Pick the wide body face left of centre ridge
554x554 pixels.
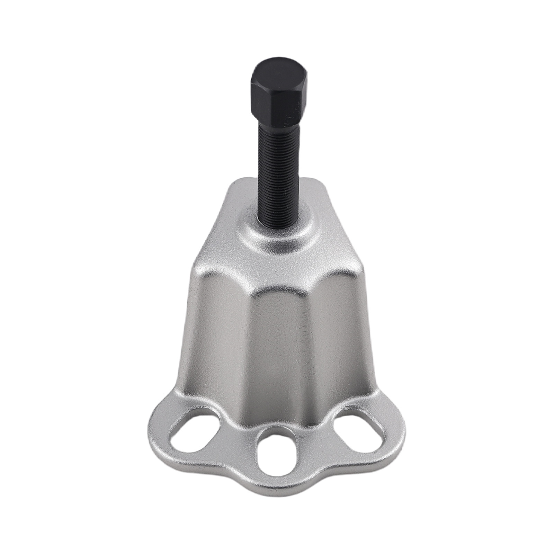[222, 339]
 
